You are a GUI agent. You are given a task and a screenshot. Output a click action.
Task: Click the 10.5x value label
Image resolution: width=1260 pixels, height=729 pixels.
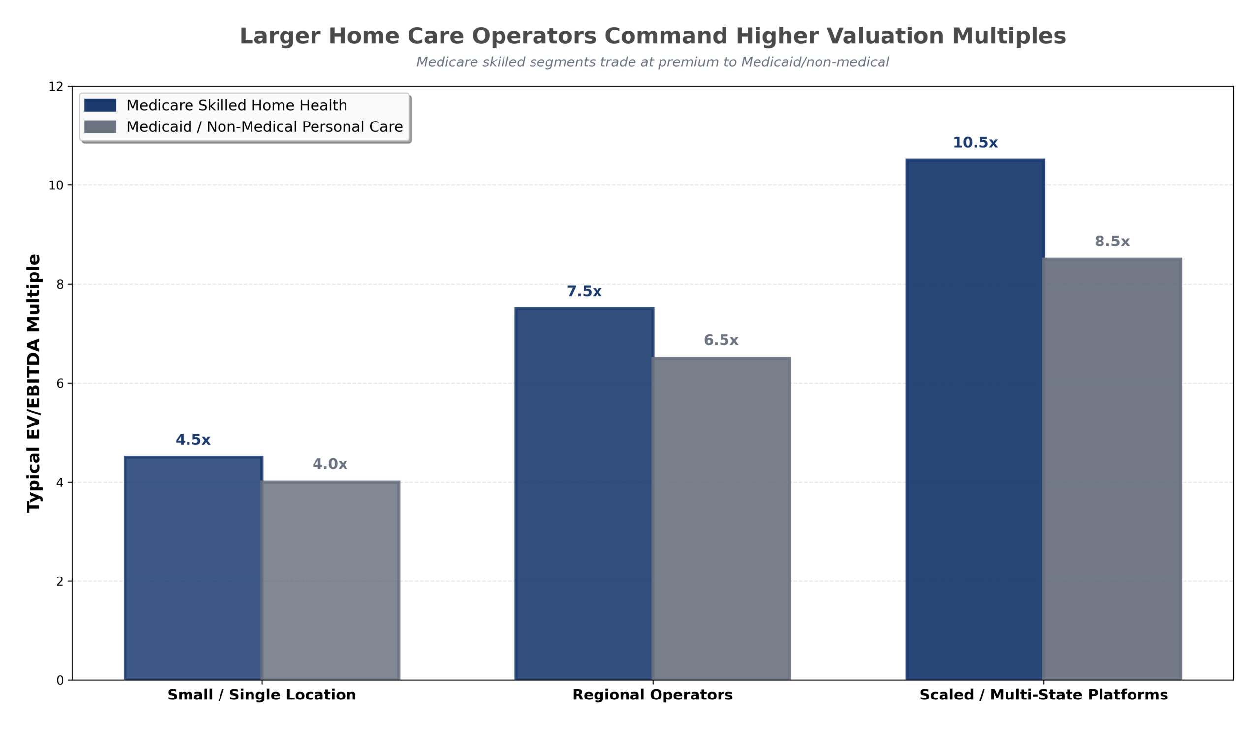[975, 143]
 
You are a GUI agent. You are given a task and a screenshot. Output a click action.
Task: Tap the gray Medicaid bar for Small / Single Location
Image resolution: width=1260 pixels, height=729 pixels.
[330, 580]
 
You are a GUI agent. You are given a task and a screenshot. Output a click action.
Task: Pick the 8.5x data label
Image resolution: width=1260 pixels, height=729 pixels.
[1111, 242]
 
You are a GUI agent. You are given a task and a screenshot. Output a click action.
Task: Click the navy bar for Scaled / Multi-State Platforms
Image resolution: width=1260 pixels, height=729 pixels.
[975, 420]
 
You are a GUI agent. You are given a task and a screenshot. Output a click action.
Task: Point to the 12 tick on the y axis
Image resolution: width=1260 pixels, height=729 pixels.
[56, 87]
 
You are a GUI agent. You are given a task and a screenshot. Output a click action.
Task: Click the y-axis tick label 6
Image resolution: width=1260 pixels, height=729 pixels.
[60, 383]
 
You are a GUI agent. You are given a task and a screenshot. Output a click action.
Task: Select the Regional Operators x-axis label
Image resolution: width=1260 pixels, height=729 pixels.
[652, 695]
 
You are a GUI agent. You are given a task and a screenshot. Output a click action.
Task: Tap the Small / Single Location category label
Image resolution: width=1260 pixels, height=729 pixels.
[261, 695]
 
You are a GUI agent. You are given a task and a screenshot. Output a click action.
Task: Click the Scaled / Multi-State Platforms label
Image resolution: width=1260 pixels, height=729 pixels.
[1043, 695]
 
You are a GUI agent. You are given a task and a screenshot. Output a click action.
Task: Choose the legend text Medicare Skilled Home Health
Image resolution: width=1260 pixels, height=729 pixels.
[237, 105]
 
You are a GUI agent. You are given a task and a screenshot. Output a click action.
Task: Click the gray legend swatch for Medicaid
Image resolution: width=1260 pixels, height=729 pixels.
[100, 126]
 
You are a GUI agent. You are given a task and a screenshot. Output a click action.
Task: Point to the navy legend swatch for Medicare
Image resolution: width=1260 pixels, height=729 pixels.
[100, 105]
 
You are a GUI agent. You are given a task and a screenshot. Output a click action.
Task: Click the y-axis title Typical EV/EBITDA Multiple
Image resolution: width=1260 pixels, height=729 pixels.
[33, 383]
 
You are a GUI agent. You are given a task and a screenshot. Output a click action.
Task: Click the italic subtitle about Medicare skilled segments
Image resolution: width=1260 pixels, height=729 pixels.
[652, 62]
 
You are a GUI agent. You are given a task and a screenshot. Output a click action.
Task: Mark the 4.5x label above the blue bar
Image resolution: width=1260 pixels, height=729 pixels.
[193, 440]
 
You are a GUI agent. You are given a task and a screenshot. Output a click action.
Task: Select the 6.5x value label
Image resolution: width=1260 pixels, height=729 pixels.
[721, 341]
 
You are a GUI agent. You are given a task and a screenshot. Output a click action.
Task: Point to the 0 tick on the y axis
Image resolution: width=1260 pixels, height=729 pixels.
[60, 680]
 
